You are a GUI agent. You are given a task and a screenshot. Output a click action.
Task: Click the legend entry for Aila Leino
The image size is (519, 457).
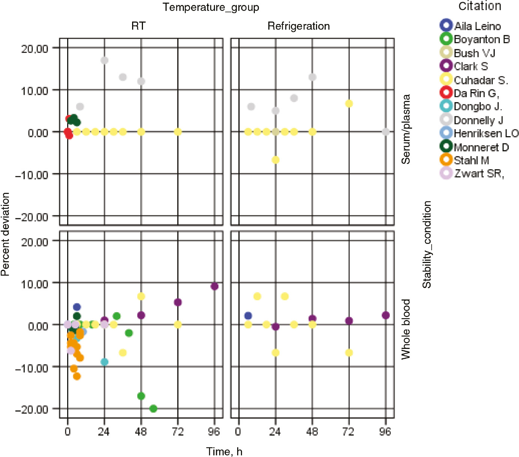tap(471, 26)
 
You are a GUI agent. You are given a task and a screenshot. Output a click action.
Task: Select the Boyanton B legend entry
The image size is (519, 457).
tap(475, 39)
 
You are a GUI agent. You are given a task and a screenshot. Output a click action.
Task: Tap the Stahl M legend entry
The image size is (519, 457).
tap(465, 160)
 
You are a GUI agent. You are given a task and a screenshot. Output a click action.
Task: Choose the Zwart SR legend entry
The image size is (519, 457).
tap(472, 173)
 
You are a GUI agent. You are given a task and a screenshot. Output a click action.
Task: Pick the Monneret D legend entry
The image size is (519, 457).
tap(474, 147)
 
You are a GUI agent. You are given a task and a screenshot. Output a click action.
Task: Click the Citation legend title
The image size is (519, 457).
tap(480, 6)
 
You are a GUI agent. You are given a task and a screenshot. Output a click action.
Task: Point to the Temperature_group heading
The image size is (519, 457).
tap(211, 8)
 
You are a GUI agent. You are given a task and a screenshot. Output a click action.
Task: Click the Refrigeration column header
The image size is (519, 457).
tap(299, 26)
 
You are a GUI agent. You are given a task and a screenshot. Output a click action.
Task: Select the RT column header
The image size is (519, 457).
tap(138, 26)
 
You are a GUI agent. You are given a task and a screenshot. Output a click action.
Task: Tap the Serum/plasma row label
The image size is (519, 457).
tap(406, 129)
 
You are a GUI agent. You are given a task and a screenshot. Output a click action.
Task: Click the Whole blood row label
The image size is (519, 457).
tap(406, 329)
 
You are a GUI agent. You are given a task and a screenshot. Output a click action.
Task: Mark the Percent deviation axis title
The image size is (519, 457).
tap(5, 234)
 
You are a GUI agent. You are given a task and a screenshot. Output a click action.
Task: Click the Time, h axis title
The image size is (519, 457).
tap(224, 451)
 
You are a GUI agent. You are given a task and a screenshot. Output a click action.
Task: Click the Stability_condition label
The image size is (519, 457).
tap(427, 245)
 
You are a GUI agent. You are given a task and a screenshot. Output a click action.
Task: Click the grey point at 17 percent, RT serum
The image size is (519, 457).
tap(104, 60)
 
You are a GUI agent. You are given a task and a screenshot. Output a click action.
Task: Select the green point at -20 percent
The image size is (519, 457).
tap(153, 409)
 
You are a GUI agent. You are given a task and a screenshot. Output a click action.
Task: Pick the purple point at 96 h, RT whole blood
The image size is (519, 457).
tap(214, 286)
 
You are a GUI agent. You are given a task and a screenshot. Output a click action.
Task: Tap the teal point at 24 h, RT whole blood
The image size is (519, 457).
tap(104, 362)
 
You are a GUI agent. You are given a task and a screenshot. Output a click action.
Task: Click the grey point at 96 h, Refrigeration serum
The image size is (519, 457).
tap(386, 132)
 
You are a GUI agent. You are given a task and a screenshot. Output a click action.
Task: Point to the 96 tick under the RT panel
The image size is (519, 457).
tap(214, 432)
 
